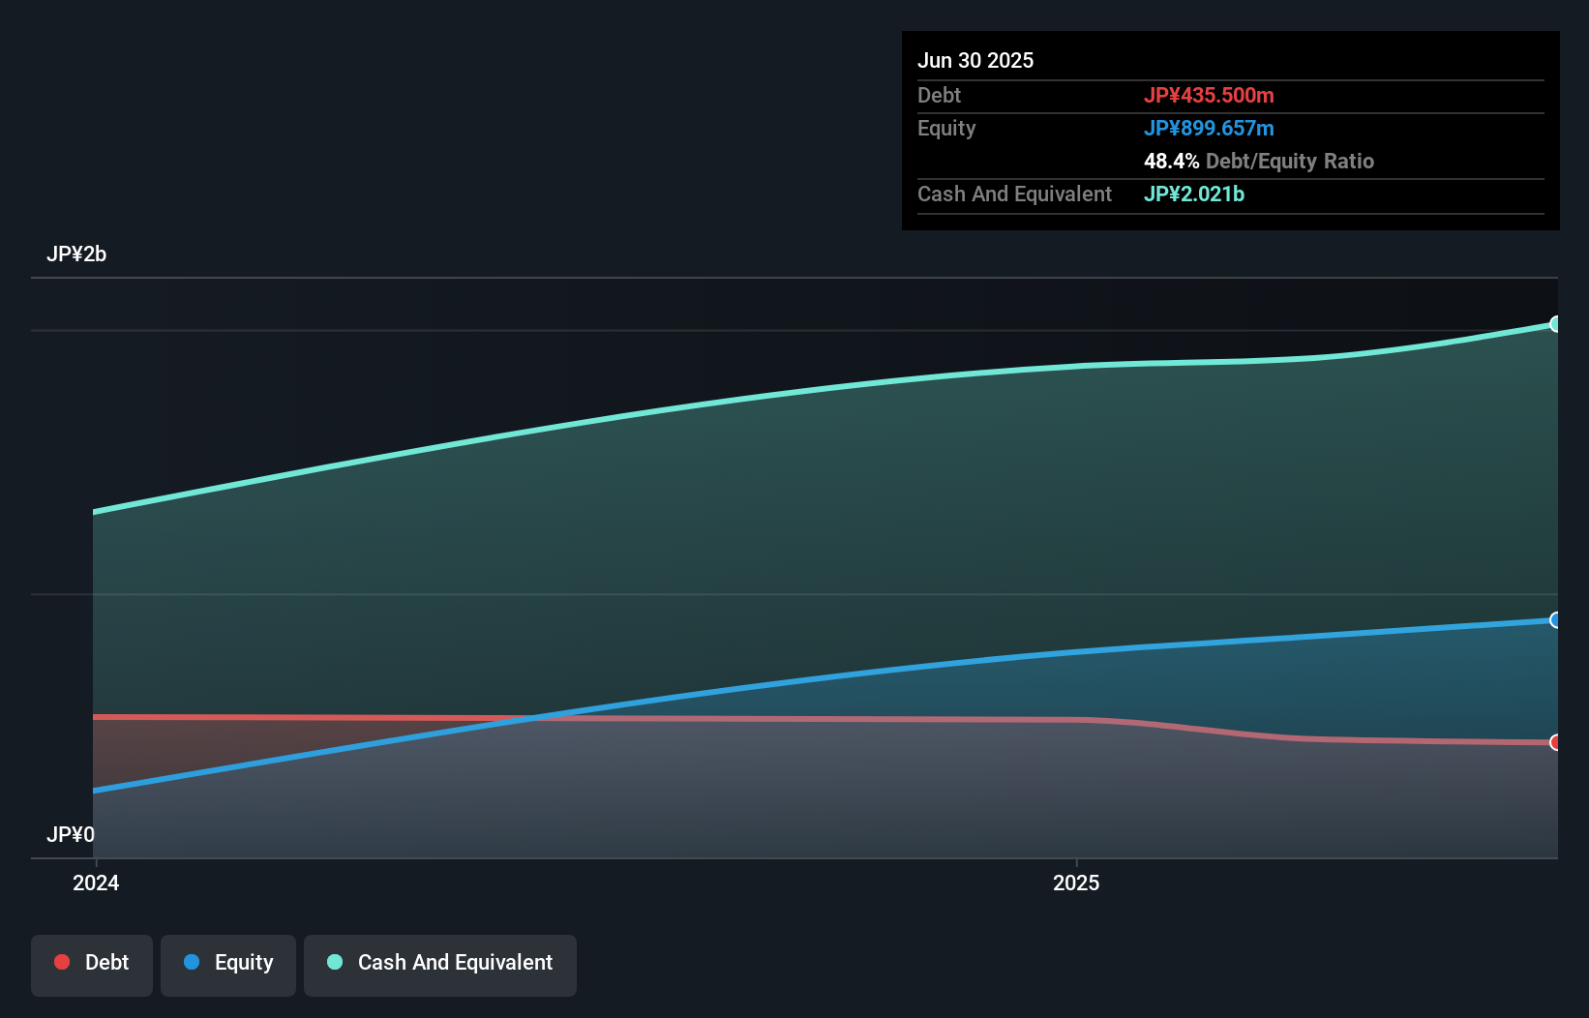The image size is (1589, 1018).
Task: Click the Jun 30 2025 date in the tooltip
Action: point(974,60)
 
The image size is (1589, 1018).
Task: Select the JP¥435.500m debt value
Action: point(1208,95)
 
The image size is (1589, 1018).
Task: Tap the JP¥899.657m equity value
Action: point(1208,128)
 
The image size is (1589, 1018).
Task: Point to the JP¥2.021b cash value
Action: point(1193,194)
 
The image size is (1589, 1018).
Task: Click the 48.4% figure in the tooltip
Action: point(1171,161)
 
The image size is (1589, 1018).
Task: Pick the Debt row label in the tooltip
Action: point(939,95)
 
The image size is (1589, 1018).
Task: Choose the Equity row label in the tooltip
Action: point(945,128)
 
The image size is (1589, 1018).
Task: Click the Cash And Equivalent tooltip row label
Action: point(1014,194)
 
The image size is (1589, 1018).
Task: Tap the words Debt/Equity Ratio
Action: point(1289,161)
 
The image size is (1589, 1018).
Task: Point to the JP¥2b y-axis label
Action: point(76,254)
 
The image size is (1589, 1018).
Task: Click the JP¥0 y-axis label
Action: point(71,834)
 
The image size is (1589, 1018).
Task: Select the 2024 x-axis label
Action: point(96,883)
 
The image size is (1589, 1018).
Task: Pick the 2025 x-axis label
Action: point(1076,883)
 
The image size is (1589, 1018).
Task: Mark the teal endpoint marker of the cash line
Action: point(1555,324)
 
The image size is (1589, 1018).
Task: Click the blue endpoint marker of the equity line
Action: point(1555,620)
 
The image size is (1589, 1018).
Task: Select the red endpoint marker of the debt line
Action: point(1555,742)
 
